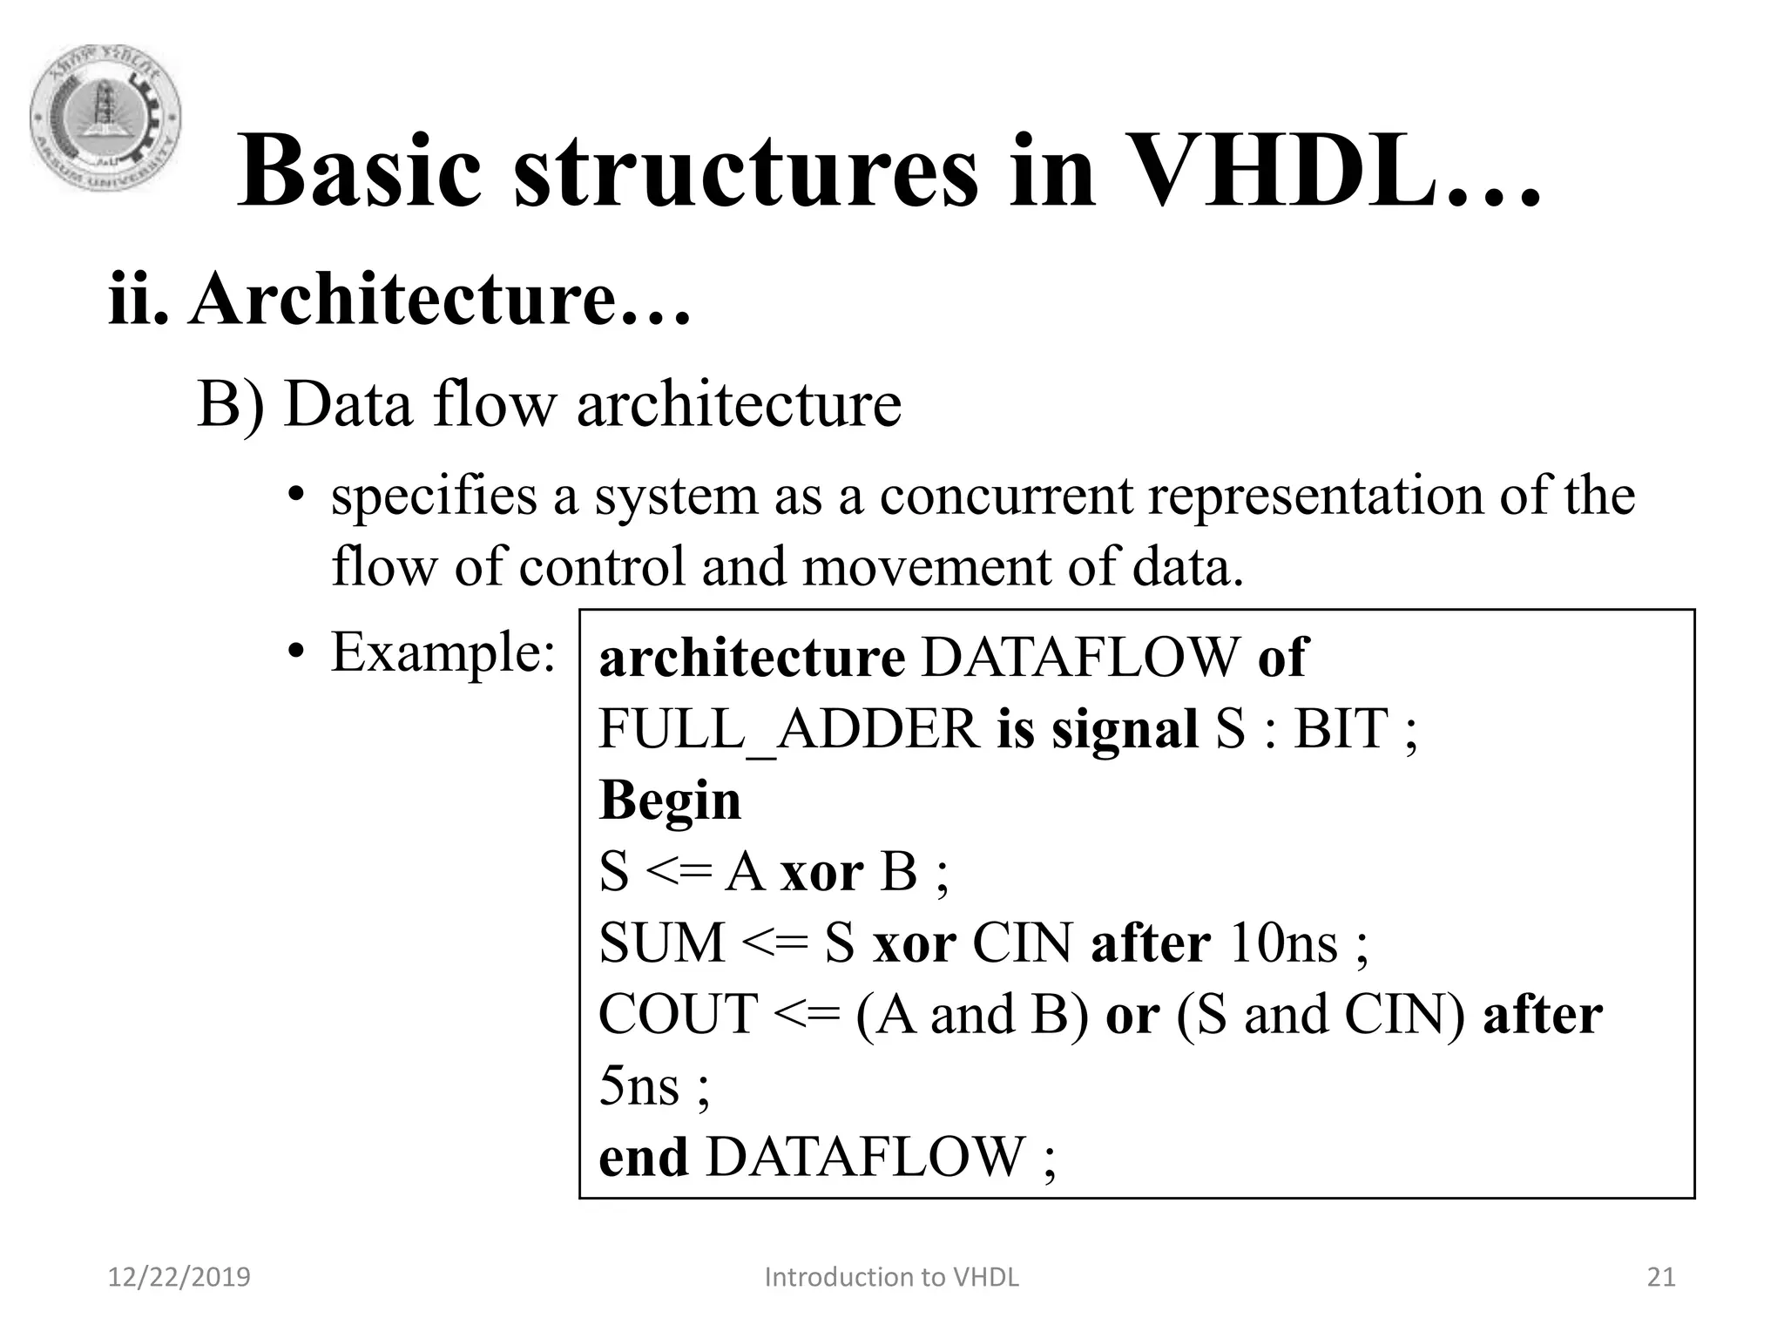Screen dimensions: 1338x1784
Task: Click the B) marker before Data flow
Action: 229,404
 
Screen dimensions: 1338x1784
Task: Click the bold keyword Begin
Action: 670,800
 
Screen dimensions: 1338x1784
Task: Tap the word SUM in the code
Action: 662,943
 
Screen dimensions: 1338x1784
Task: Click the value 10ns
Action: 1282,943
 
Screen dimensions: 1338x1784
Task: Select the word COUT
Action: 678,1014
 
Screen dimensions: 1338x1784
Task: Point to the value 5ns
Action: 639,1086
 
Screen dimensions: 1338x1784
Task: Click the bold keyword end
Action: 643,1157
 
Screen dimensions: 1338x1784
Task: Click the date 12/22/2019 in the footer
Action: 179,1277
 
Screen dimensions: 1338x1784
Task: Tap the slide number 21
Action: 1661,1277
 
